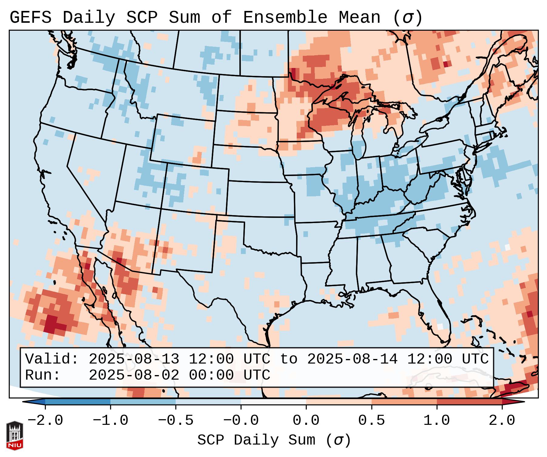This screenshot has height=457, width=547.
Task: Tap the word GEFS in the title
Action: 31,18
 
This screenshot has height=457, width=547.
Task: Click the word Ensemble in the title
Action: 285,18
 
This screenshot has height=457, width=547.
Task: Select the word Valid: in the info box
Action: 52,359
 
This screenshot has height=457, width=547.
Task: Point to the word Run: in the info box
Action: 43,375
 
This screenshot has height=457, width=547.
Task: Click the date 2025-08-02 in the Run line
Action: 134,375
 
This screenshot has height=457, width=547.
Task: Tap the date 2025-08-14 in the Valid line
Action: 352,359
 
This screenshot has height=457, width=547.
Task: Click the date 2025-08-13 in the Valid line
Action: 134,359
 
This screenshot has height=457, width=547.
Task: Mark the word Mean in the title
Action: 359,18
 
